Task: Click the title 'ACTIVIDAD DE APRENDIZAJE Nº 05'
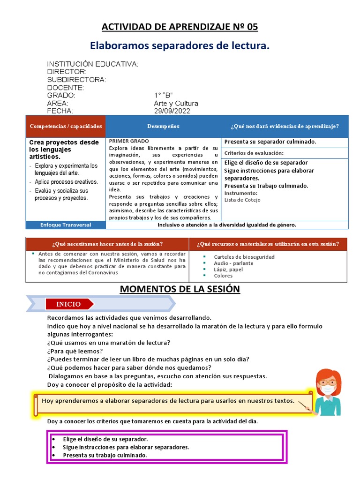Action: click(x=180, y=27)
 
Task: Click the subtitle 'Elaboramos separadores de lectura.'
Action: click(x=180, y=46)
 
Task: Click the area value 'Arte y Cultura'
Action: click(x=176, y=103)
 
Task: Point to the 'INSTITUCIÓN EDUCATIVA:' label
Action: click(x=93, y=64)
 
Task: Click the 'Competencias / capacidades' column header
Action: click(x=66, y=127)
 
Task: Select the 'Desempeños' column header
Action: click(x=163, y=127)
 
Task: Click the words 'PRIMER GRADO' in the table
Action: click(x=129, y=141)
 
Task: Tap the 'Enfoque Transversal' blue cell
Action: click(x=66, y=225)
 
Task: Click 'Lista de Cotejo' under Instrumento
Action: click(x=242, y=200)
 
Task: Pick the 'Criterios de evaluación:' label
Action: click(x=254, y=153)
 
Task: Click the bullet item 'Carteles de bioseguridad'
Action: click(x=244, y=257)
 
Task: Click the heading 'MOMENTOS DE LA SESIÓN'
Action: click(x=180, y=289)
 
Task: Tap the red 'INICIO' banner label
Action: click(x=68, y=304)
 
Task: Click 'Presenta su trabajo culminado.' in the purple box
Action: click(x=105, y=455)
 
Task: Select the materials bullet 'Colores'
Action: click(x=223, y=276)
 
